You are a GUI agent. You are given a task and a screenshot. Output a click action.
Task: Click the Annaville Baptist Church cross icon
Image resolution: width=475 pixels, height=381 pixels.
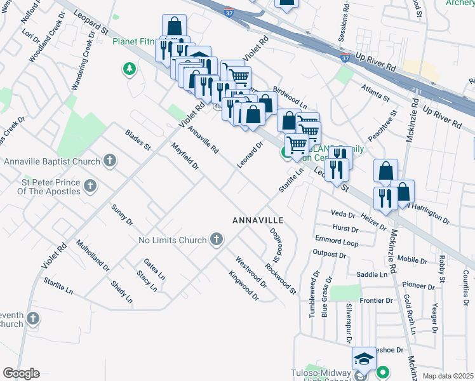coord(110,161)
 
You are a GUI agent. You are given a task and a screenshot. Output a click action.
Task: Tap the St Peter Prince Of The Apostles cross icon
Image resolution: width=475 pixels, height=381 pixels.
coord(90,186)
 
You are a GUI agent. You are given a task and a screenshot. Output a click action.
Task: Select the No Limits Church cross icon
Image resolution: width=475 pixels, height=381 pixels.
coord(217,239)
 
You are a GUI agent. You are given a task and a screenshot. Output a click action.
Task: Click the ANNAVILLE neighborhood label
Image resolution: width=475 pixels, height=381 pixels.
coord(257,220)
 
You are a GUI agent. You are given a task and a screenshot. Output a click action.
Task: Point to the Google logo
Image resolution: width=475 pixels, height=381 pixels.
coord(21,373)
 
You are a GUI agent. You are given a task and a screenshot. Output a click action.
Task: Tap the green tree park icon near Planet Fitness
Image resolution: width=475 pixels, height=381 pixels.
coord(130,68)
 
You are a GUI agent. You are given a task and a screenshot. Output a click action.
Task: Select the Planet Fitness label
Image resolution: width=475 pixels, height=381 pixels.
coord(133,43)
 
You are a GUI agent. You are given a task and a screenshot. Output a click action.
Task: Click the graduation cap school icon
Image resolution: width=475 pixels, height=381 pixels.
coord(364,359)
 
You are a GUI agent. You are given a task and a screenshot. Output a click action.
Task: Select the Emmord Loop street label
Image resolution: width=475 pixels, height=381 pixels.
coord(337,241)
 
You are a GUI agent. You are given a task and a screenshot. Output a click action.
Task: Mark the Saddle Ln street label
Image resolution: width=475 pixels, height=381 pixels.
coord(371,274)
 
